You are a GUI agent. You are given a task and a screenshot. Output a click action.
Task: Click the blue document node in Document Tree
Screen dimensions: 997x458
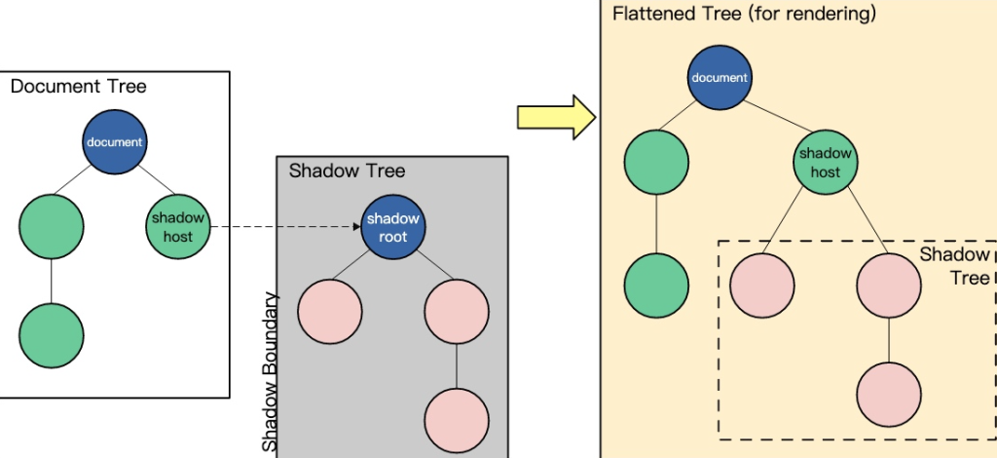tap(115, 142)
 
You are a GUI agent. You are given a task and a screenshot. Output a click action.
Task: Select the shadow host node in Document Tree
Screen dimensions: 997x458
tap(178, 226)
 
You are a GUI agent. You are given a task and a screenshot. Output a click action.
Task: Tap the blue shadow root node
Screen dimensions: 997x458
tap(393, 227)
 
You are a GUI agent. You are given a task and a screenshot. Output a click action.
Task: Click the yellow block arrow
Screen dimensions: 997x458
tap(556, 117)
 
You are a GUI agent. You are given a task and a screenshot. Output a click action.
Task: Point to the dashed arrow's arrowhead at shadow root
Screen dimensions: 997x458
tap(356, 226)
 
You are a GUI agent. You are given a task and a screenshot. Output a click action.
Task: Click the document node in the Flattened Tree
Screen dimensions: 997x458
tap(720, 77)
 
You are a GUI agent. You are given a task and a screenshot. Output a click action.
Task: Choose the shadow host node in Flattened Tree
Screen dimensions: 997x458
tap(826, 162)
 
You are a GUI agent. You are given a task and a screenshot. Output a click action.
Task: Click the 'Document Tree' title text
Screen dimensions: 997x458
tap(79, 87)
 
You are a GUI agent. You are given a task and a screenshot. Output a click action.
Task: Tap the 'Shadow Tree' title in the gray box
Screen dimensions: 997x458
tap(348, 171)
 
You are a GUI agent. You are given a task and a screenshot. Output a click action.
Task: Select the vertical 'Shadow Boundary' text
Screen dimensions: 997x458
tap(271, 372)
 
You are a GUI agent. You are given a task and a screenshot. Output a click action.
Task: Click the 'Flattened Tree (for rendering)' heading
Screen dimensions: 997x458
tap(745, 14)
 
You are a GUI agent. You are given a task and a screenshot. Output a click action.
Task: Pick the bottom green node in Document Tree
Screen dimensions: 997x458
tap(51, 335)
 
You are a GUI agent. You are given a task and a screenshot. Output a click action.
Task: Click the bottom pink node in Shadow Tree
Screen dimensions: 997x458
tap(457, 420)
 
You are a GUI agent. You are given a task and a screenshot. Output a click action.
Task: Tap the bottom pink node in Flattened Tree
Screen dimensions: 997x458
tap(889, 395)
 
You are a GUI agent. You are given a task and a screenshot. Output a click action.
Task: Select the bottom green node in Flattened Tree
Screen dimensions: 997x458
tap(656, 285)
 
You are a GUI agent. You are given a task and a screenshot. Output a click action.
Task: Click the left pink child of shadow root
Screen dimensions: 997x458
tap(330, 312)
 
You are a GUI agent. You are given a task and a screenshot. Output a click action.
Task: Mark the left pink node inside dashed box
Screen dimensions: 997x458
tap(761, 285)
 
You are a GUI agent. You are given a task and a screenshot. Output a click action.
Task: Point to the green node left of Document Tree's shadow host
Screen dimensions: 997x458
tap(51, 226)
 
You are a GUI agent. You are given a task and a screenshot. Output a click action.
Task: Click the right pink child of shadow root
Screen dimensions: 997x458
tap(457, 312)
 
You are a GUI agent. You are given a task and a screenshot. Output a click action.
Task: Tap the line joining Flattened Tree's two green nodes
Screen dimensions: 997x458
tap(656, 224)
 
